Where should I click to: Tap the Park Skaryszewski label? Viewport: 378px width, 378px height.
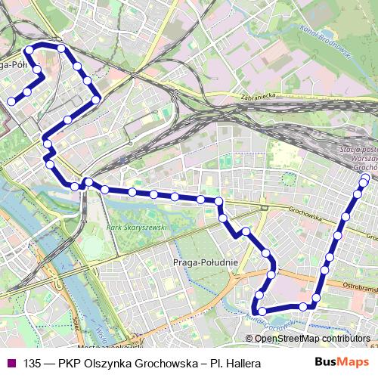pos(135,227)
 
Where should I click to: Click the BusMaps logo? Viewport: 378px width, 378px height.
pos(342,363)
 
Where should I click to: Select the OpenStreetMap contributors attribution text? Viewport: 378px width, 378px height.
pos(312,338)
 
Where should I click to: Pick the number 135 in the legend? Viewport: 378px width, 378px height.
pos(33,364)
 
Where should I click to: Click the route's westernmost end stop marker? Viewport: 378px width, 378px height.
pos(11,101)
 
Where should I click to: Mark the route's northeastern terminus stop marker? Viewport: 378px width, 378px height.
pos(366,178)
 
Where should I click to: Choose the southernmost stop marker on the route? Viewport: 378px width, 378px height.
pos(262,311)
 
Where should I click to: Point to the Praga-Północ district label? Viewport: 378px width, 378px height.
pos(15,65)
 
